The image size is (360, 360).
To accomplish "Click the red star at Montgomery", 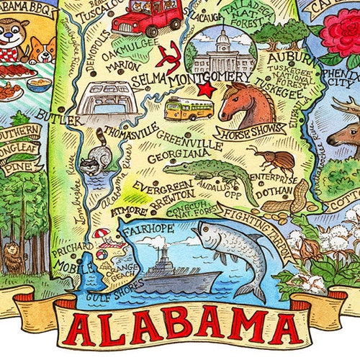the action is pyautogui.click(x=207, y=89).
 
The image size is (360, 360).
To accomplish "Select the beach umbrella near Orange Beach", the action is pyautogui.click(x=104, y=233).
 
